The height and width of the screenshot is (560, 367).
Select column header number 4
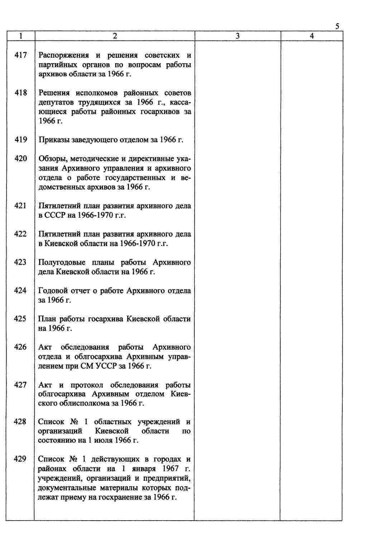tap(311, 36)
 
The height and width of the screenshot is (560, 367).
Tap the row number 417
tap(20, 55)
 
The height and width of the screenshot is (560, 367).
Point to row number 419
tap(20, 140)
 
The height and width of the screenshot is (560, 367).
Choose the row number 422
tap(20, 234)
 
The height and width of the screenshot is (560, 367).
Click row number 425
tap(20, 318)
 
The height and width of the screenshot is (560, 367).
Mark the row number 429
tap(20, 459)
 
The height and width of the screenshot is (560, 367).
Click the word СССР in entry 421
tap(53, 215)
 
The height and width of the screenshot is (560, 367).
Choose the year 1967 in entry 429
tap(170, 468)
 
